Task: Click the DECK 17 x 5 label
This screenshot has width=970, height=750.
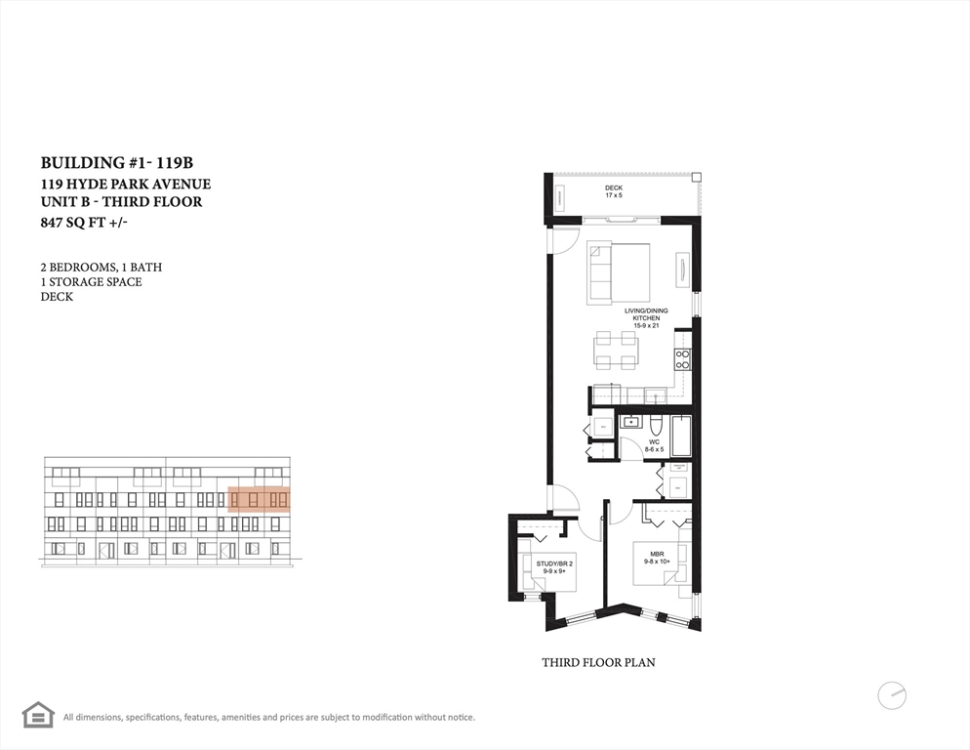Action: pyautogui.click(x=613, y=191)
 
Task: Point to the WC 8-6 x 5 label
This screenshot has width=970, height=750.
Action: pyautogui.click(x=656, y=445)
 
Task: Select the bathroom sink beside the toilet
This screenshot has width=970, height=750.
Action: pyautogui.click(x=630, y=423)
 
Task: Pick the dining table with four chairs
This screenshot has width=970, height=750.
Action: pyautogui.click(x=616, y=351)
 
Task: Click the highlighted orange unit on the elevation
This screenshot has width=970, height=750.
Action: pyautogui.click(x=259, y=500)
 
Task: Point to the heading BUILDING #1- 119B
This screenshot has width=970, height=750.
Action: pyautogui.click(x=123, y=163)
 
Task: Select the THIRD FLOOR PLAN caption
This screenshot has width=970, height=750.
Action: pyautogui.click(x=598, y=662)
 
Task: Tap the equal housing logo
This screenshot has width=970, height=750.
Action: pyautogui.click(x=38, y=715)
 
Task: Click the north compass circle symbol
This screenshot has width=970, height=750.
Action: pyautogui.click(x=891, y=695)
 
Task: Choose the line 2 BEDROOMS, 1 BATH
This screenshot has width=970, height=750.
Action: pyautogui.click(x=101, y=267)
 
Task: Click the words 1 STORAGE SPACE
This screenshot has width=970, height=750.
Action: pyautogui.click(x=91, y=281)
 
